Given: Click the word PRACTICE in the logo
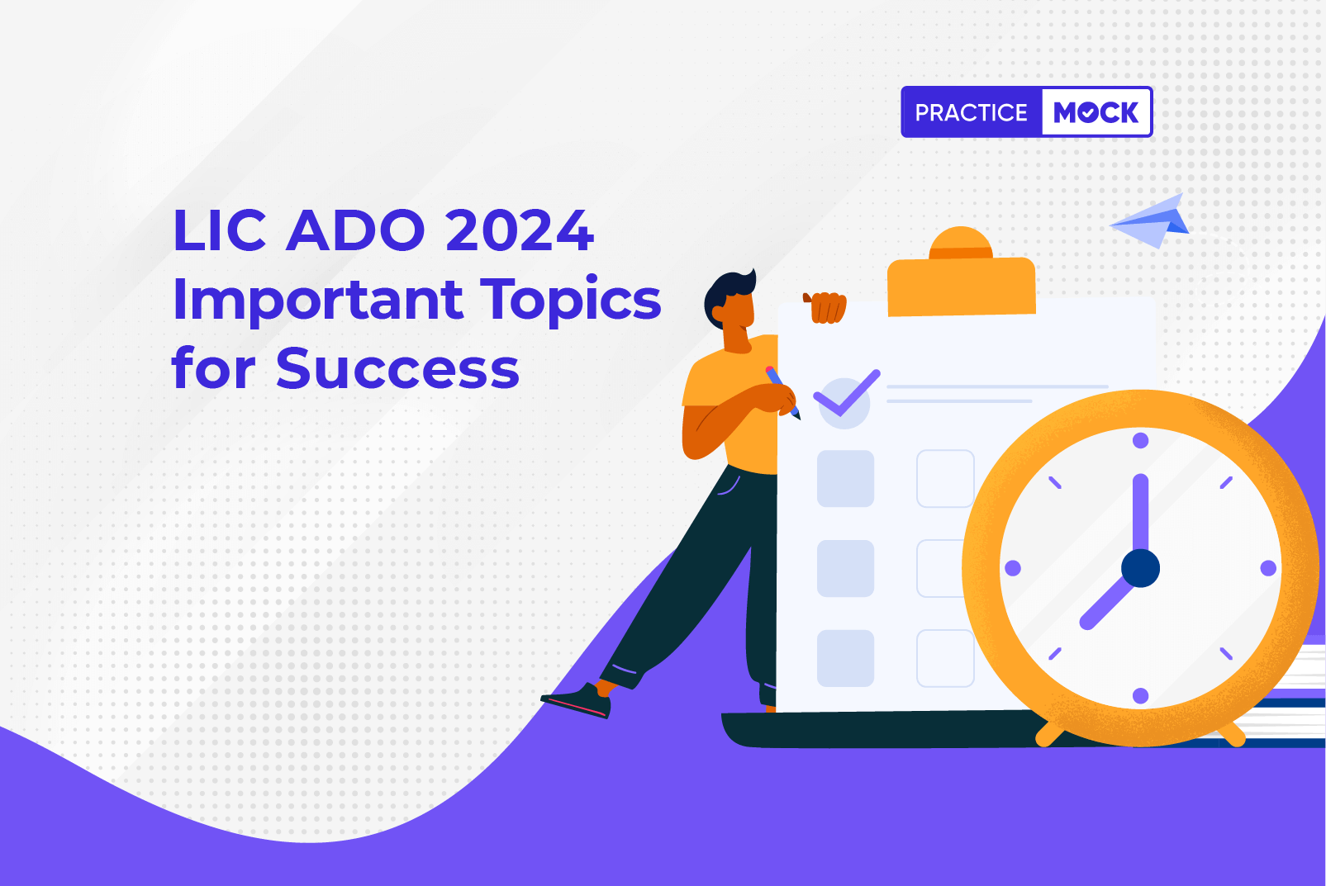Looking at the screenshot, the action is pyautogui.click(x=971, y=112).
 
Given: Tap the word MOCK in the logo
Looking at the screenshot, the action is pyautogui.click(x=1096, y=112).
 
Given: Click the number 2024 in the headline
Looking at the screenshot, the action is pyautogui.click(x=519, y=230).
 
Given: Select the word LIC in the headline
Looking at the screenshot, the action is pyautogui.click(x=219, y=230).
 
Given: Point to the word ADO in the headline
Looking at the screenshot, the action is pyautogui.click(x=355, y=230).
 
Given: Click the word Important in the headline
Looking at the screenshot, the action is pyautogui.click(x=317, y=301).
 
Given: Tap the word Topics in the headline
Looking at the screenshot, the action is pyautogui.click(x=571, y=301).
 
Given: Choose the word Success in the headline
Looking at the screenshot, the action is pyautogui.click(x=397, y=369).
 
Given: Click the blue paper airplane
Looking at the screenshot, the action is pyautogui.click(x=1150, y=221).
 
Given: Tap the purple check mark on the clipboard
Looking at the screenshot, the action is pyautogui.click(x=847, y=393).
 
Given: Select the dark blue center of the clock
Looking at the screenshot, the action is pyautogui.click(x=1141, y=568).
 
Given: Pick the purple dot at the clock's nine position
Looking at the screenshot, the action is pyautogui.click(x=1013, y=568).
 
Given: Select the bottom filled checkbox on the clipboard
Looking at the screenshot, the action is pyautogui.click(x=845, y=658).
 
